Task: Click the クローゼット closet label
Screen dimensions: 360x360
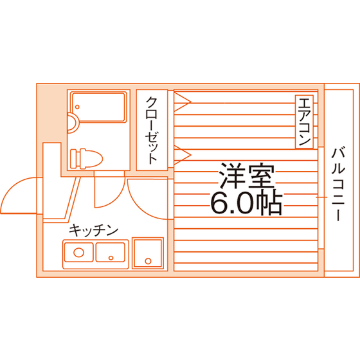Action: [x=152, y=130]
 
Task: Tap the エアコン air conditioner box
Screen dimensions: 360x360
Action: [x=304, y=122]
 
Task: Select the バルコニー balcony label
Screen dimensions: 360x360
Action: [x=338, y=184]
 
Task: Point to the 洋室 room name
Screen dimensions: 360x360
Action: [x=247, y=175]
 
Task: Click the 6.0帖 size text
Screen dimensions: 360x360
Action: [x=246, y=203]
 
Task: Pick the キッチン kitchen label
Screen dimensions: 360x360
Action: [x=93, y=230]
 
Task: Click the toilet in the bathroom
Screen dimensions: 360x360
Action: [x=87, y=159]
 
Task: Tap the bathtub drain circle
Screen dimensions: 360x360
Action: [x=77, y=107]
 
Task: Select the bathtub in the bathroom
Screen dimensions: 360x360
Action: [x=99, y=107]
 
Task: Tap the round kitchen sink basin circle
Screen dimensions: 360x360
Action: [x=78, y=253]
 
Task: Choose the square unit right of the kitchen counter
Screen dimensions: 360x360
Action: [x=148, y=253]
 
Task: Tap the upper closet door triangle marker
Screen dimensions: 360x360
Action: [x=182, y=102]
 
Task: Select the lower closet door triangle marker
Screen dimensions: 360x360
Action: [x=182, y=155]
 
